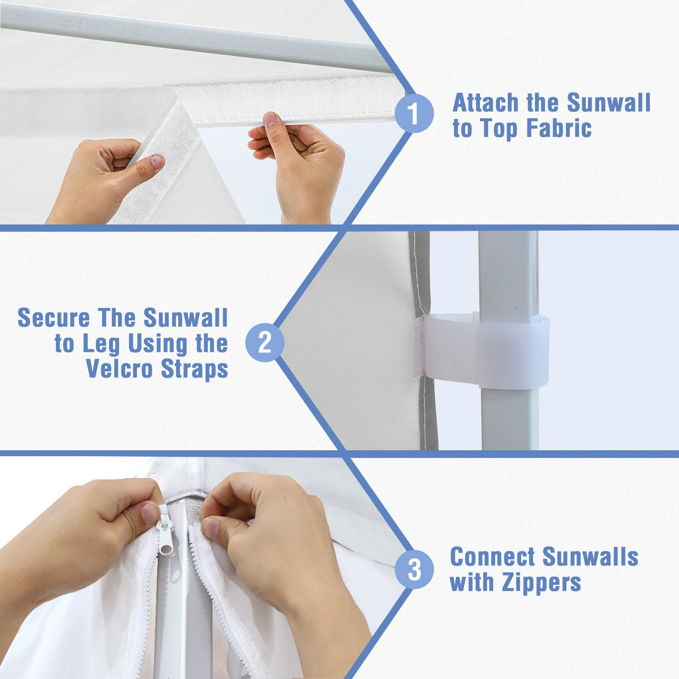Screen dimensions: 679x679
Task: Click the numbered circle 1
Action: click(x=414, y=114)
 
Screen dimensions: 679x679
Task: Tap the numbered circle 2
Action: click(x=265, y=342)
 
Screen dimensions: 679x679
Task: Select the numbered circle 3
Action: click(x=414, y=569)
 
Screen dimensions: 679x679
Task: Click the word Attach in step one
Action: click(x=485, y=103)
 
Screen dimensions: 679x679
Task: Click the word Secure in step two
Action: click(x=54, y=318)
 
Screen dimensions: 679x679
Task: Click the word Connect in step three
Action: click(x=492, y=557)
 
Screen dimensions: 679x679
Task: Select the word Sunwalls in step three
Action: click(x=590, y=557)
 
